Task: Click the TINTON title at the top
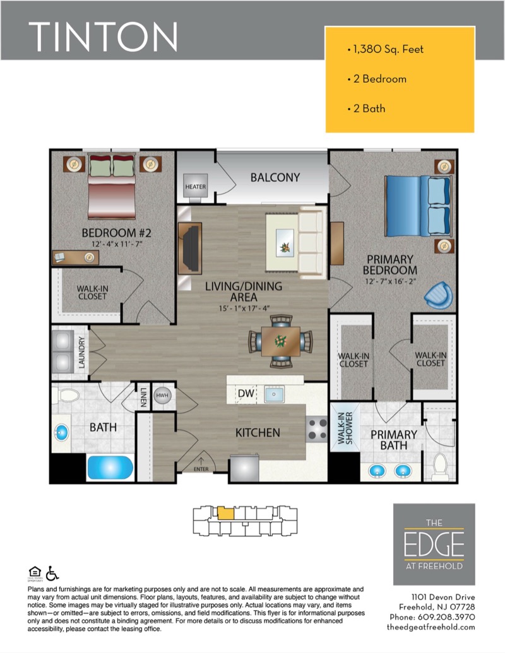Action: pos(103,37)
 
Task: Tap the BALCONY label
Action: pos(275,177)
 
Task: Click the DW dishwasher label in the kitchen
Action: pos(246,393)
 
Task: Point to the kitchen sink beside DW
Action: pos(274,394)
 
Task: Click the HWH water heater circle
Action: pos(162,395)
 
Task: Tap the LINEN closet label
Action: pos(143,397)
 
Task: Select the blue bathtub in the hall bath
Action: pos(110,468)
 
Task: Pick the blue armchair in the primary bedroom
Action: pos(438,295)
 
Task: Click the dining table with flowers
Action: pos(280,341)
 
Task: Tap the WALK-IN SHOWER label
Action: pos(345,428)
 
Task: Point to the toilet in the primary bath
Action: pos(440,467)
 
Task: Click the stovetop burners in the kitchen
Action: pos(317,430)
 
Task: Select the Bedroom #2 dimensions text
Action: pos(117,244)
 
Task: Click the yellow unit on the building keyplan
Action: pos(225,513)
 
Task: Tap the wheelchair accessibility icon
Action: pos(52,573)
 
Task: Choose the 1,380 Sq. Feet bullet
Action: pos(386,49)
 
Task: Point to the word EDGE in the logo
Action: pos(434,544)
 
